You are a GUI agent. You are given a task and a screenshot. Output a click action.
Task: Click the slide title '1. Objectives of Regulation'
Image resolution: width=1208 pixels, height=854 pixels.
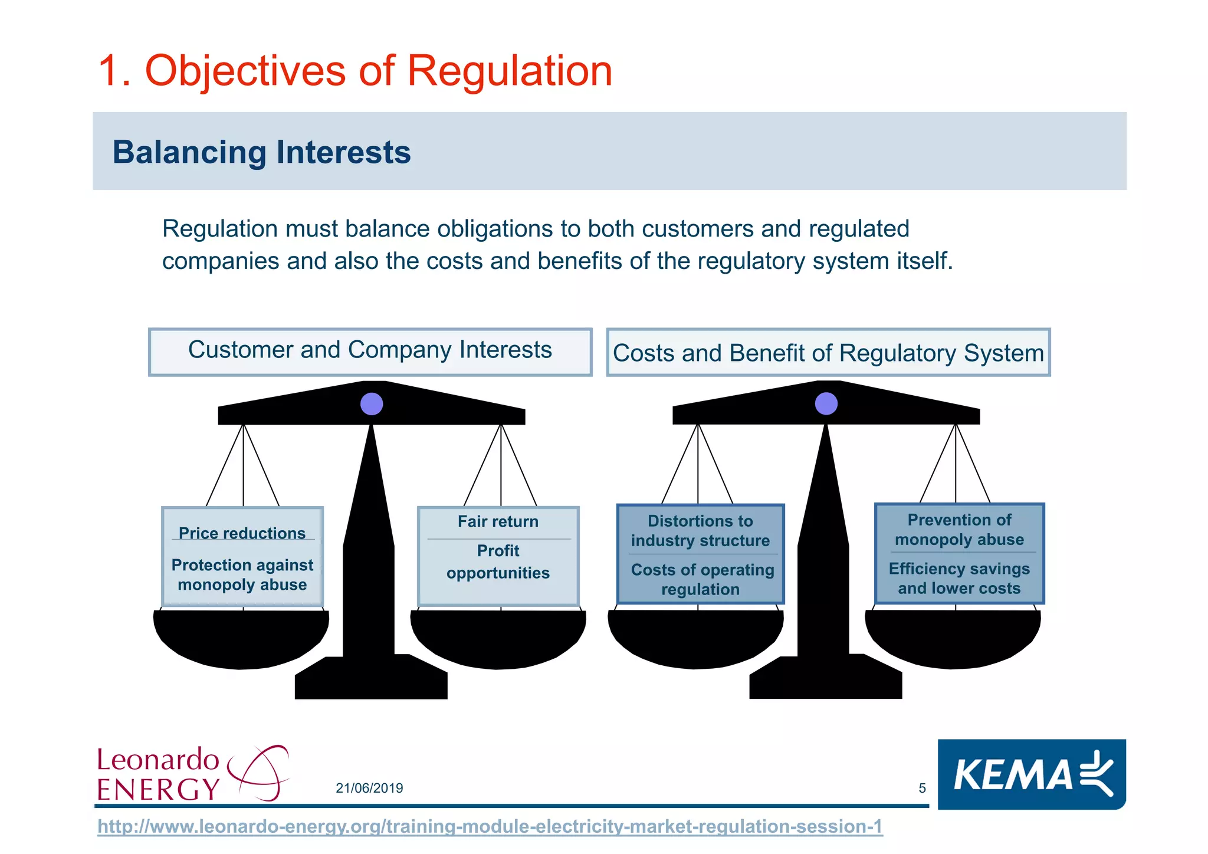coord(355,71)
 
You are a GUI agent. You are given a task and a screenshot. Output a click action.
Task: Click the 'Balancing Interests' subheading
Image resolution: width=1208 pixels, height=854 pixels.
coord(261,152)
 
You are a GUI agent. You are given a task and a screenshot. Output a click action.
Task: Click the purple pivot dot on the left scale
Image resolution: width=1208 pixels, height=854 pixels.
coord(372,404)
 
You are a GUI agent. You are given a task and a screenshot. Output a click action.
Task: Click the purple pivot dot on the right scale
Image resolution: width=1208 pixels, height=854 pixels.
coord(826,404)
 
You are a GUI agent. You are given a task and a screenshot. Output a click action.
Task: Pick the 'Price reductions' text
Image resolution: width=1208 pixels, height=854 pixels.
coord(242,533)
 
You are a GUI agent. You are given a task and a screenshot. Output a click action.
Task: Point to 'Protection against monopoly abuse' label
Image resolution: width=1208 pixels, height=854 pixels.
coord(242,575)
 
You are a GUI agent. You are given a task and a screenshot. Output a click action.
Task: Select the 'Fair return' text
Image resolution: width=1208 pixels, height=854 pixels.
coord(498,522)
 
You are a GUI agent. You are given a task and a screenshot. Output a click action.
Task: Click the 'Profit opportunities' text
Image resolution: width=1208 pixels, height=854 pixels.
coord(498,562)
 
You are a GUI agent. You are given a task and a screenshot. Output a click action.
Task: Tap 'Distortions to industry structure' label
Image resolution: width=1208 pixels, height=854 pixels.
coord(700,531)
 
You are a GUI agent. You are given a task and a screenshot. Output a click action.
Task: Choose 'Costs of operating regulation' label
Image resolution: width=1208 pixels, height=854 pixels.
coord(702,580)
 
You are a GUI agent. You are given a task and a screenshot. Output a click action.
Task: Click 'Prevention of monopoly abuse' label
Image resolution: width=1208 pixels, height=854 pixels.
coord(959,530)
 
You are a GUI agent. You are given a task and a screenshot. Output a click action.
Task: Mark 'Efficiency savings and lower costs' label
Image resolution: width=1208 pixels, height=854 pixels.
coord(959,579)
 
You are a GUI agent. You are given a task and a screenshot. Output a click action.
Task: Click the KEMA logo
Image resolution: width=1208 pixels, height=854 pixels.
coord(1031,774)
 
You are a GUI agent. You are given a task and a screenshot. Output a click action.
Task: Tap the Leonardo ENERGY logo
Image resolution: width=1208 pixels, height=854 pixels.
coord(192,773)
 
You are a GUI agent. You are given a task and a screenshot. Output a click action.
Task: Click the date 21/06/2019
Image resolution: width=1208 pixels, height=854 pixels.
coord(369,789)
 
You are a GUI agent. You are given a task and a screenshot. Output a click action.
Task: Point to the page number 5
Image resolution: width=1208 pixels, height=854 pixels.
coord(922,789)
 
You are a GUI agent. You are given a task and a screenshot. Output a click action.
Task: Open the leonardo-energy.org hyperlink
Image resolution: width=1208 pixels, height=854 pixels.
coord(490,827)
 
